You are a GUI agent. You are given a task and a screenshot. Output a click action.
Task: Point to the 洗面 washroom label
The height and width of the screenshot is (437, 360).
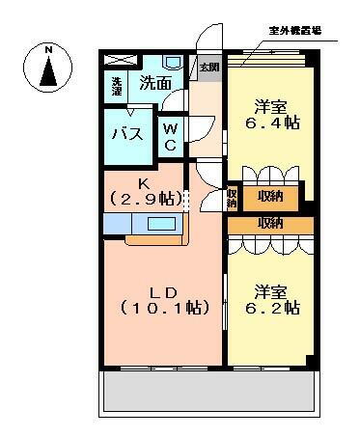click(x=156, y=84)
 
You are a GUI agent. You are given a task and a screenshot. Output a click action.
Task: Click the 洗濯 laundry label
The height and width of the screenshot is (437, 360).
click(x=117, y=86)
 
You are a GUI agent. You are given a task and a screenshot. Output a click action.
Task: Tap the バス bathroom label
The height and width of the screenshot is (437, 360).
click(x=127, y=133)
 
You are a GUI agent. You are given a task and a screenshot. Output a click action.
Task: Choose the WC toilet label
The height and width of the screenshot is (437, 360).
click(x=169, y=136)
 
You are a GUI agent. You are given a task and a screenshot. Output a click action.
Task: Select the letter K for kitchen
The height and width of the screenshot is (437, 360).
click(x=144, y=183)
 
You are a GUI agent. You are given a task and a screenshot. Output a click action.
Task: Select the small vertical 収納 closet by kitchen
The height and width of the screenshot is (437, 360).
click(x=233, y=198)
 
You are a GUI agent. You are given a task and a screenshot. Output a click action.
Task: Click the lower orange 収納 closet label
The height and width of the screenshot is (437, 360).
click(x=270, y=224)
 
